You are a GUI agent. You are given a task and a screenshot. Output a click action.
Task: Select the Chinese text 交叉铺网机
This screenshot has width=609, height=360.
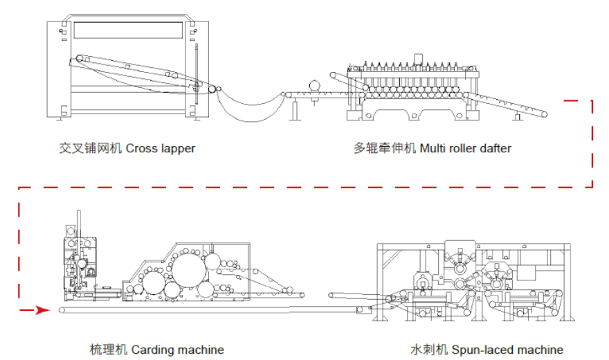point(91,148)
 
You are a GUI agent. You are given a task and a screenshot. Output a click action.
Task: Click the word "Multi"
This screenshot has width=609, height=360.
point(433,148)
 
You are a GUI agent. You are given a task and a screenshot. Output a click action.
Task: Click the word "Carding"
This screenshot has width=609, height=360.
point(151,350)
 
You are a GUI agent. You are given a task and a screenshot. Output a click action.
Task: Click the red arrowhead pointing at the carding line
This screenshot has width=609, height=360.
point(43,310)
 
